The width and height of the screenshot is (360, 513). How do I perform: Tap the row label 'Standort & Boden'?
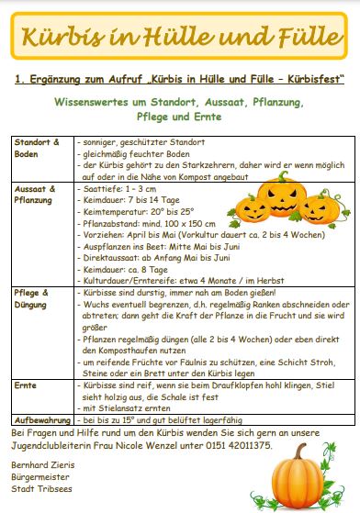(x=35, y=149)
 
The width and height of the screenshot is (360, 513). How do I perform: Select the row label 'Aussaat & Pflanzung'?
(x=35, y=194)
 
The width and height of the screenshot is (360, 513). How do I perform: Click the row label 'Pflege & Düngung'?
(x=35, y=296)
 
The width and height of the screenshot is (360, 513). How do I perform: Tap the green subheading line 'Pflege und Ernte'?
(x=179, y=117)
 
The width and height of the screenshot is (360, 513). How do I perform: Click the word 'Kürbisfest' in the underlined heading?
(x=309, y=82)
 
